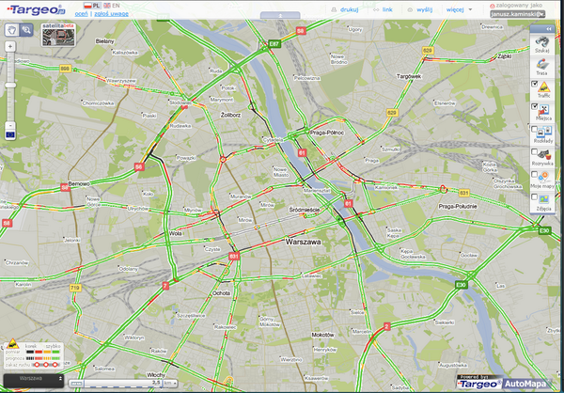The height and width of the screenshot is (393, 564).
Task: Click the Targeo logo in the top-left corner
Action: (36, 10)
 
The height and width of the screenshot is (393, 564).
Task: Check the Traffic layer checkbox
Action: (534, 85)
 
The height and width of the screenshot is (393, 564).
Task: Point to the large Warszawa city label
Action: (305, 243)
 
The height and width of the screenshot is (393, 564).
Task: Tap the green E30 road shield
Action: (460, 284)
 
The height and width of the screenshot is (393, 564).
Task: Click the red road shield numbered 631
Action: (234, 255)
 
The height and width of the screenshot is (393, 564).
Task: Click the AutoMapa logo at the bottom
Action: (525, 384)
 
